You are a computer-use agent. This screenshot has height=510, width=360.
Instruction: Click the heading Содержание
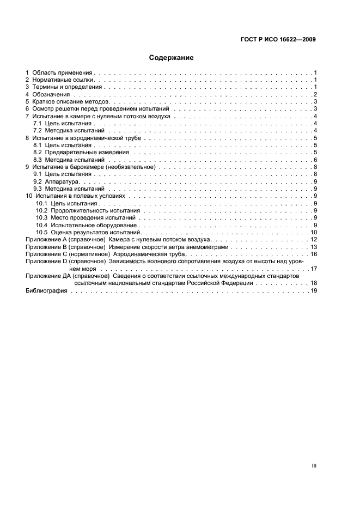(x=172, y=57)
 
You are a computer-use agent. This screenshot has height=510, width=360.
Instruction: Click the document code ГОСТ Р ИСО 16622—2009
(x=279, y=39)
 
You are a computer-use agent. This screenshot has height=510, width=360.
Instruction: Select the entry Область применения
(x=63, y=72)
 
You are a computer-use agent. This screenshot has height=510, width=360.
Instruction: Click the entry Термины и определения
(x=67, y=87)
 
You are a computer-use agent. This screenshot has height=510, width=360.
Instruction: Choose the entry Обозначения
(x=53, y=95)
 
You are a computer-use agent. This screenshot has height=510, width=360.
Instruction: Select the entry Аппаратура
(x=62, y=181)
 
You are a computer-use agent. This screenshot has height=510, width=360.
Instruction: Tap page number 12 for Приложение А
(x=314, y=240)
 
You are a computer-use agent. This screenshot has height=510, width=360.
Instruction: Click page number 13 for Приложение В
(x=314, y=247)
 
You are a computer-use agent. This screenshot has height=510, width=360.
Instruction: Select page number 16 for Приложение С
(x=314, y=254)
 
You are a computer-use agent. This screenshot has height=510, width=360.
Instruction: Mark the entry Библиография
(x=46, y=291)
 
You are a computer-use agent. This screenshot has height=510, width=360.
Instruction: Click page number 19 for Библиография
(x=314, y=291)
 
